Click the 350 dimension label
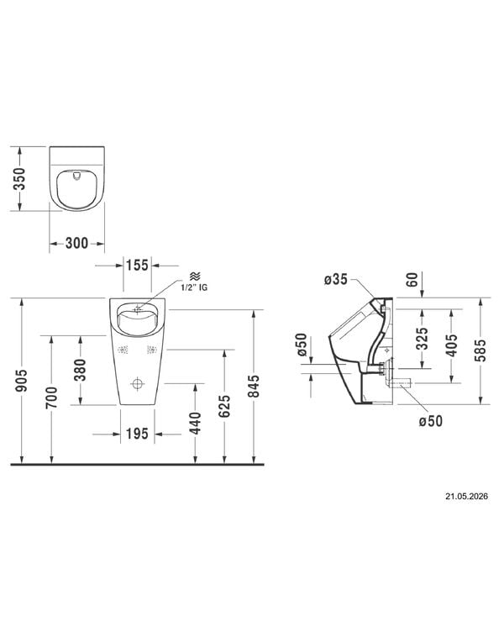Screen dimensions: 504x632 click(x=19, y=179)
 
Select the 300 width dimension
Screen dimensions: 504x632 click(x=76, y=243)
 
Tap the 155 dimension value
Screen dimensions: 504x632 click(x=137, y=266)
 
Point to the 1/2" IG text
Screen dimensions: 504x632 click(x=195, y=287)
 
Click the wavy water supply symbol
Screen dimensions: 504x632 click(x=195, y=276)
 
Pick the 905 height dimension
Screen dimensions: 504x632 click(x=21, y=381)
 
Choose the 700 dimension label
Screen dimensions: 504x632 click(x=51, y=398)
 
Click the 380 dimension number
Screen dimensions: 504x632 click(x=80, y=370)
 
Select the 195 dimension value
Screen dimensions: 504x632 click(x=137, y=434)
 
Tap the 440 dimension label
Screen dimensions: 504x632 click(x=195, y=424)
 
